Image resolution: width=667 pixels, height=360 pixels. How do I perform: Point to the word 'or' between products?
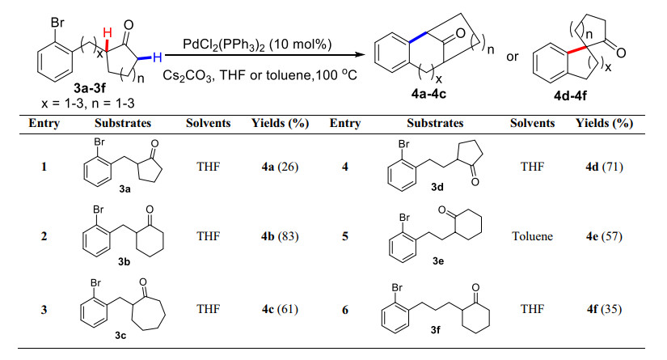click(512, 58)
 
